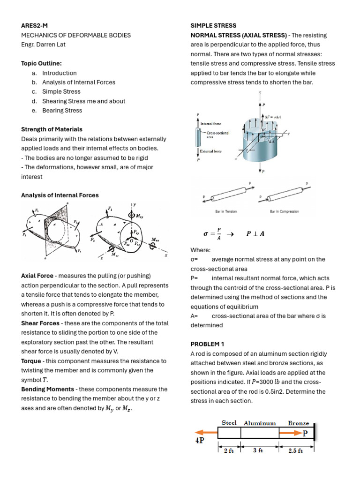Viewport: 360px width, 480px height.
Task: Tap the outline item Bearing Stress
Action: tap(62, 111)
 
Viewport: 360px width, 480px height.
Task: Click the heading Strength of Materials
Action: tap(52, 129)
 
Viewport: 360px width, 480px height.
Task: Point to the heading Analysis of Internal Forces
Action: tap(60, 195)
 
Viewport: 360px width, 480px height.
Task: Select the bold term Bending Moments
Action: tap(47, 389)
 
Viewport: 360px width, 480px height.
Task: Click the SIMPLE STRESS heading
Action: tap(213, 26)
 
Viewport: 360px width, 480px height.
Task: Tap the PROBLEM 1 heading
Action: tap(208, 344)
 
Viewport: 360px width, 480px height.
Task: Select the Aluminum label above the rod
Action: tap(260, 423)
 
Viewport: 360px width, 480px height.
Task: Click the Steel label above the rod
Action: tap(229, 423)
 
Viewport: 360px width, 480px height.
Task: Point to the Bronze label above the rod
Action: tap(298, 423)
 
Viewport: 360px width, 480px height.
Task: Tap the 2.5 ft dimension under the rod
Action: tap(297, 450)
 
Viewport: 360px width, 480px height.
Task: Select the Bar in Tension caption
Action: tap(226, 211)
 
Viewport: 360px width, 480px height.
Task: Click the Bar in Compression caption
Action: tap(284, 211)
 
